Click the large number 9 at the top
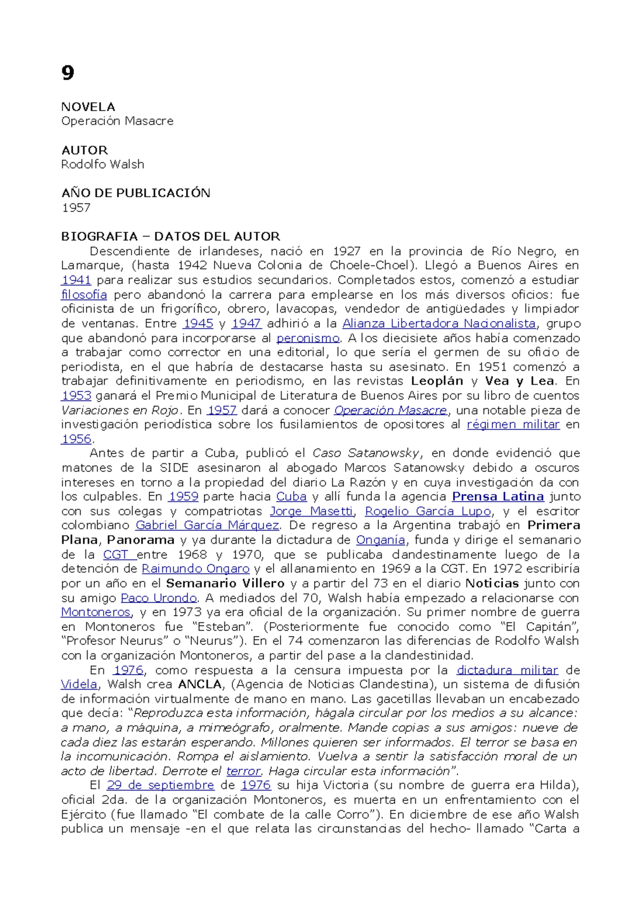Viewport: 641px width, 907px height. click(67, 73)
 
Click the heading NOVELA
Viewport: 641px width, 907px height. click(88, 107)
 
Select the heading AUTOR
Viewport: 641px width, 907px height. click(84, 150)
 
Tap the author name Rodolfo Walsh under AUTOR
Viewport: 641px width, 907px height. click(103, 165)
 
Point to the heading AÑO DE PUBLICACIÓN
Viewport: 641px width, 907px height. click(136, 193)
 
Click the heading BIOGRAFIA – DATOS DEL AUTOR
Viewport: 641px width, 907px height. click(170, 237)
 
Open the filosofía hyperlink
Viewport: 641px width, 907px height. click(84, 294)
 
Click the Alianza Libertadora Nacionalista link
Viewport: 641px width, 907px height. click(439, 323)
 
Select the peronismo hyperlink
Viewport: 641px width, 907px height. click(308, 338)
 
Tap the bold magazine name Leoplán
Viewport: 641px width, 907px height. click(437, 381)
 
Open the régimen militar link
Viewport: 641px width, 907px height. click(513, 425)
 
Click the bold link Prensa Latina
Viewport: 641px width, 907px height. click(498, 497)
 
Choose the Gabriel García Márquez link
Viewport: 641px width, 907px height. click(207, 526)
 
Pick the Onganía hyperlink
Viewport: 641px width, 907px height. click(380, 540)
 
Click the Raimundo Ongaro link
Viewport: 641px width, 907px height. click(196, 569)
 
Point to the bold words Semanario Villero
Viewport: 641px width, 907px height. click(225, 583)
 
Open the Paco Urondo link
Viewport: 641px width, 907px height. click(159, 598)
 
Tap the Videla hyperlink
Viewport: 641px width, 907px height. click(79, 684)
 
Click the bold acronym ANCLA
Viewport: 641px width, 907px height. click(200, 684)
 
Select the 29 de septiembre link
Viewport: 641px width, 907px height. click(160, 785)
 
